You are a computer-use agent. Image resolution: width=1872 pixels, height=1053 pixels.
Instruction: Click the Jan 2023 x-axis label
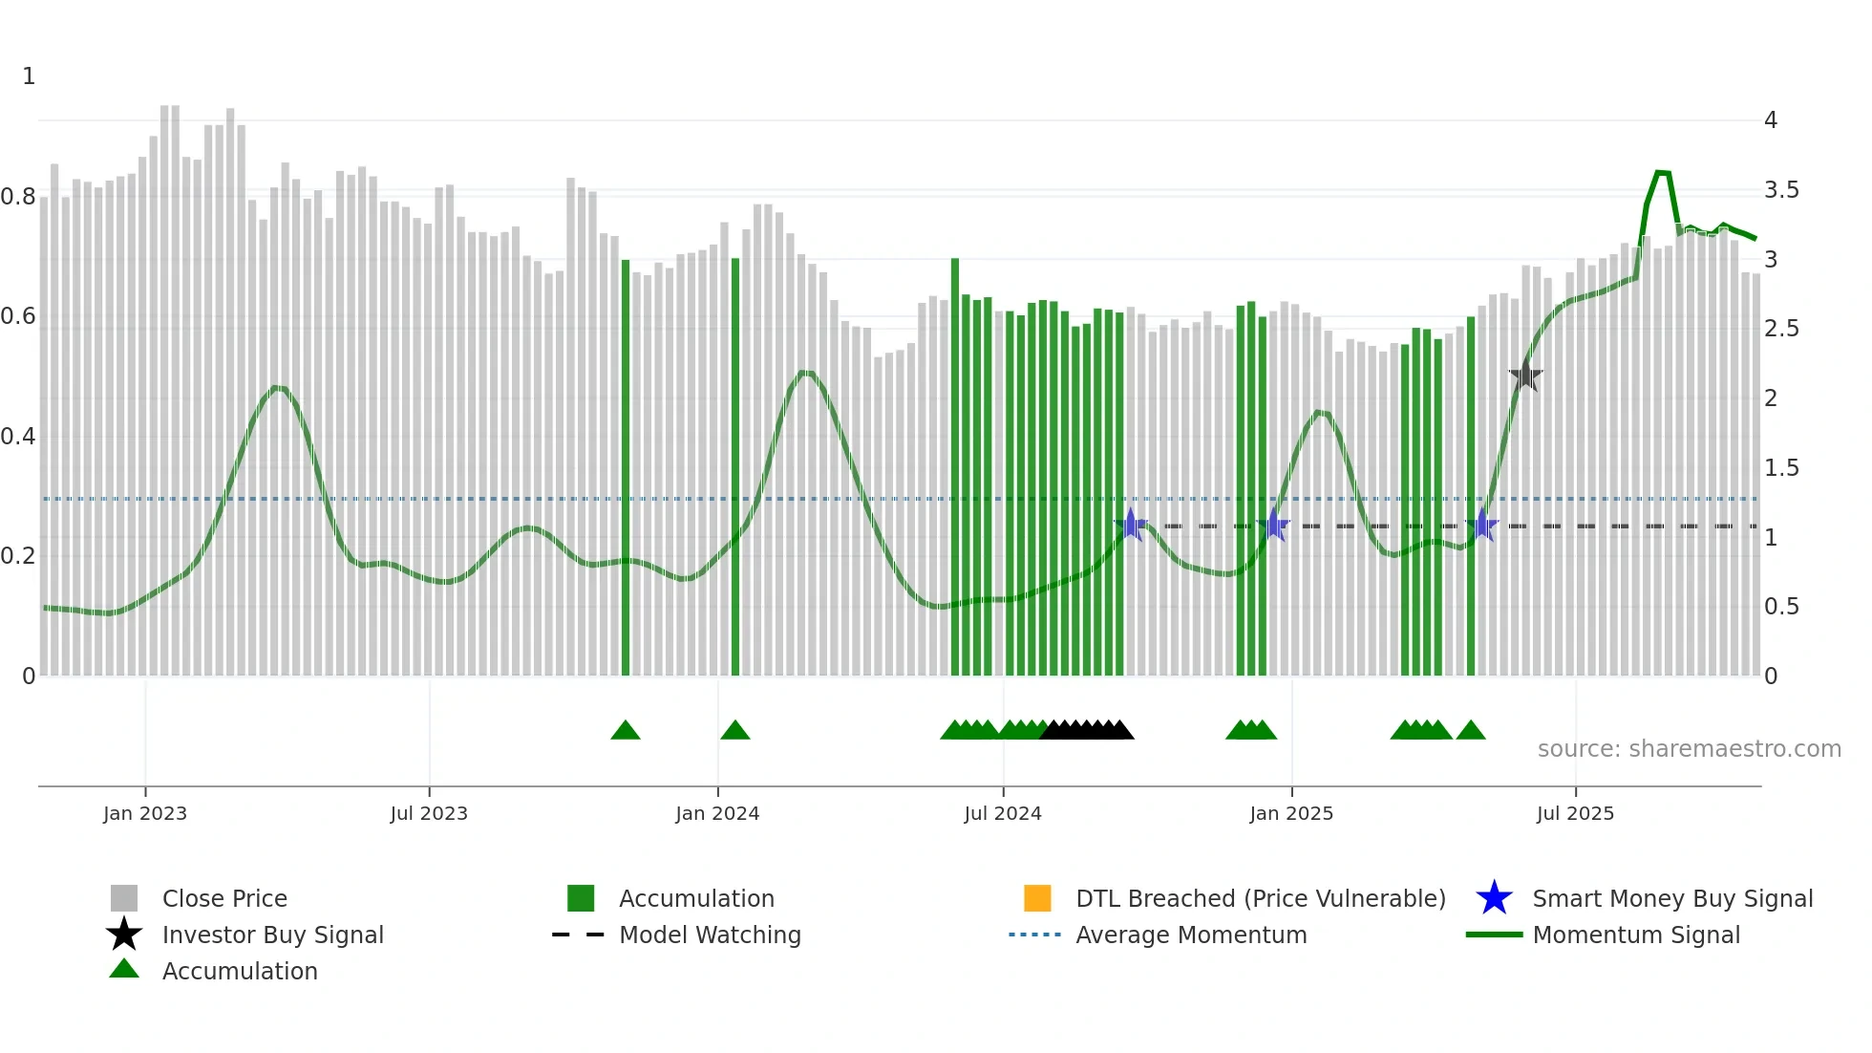pos(145,813)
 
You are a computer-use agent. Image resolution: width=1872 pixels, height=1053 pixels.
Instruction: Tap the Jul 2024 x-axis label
pos(1003,813)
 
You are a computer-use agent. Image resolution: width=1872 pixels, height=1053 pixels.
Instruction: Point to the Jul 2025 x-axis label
pos(1575,813)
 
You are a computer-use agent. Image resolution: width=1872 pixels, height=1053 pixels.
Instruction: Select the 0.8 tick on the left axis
pos(18,197)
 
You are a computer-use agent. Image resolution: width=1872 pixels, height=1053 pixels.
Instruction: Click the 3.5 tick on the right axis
pos(1781,190)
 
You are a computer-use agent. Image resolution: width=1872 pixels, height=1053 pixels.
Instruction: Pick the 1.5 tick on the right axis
pos(1781,468)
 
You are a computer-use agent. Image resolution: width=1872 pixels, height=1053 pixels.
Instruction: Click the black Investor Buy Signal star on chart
pos(1525,376)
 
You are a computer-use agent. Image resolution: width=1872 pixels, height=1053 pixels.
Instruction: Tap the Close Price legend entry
pos(224,898)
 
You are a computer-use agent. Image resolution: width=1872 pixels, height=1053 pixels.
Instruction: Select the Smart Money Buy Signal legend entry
pos(1672,898)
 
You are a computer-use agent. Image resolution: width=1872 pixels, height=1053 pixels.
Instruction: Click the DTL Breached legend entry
pos(1260,898)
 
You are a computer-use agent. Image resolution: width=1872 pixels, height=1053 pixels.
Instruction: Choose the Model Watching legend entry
pos(710,935)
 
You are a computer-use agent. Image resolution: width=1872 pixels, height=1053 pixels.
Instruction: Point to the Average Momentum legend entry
pos(1191,935)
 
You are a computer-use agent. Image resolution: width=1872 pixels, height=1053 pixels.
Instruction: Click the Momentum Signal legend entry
pos(1636,935)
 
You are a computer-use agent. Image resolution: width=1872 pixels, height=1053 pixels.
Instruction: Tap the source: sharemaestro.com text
pos(1689,749)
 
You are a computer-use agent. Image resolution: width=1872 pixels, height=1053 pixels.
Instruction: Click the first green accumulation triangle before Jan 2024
pos(626,731)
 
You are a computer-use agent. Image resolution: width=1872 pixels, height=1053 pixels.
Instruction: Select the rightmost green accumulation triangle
pos(1471,731)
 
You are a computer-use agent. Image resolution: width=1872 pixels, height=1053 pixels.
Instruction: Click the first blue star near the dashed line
pos(1131,525)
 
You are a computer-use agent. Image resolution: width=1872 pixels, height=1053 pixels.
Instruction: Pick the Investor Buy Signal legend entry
pos(272,935)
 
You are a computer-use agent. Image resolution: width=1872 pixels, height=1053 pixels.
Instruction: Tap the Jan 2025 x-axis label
pos(1291,813)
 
